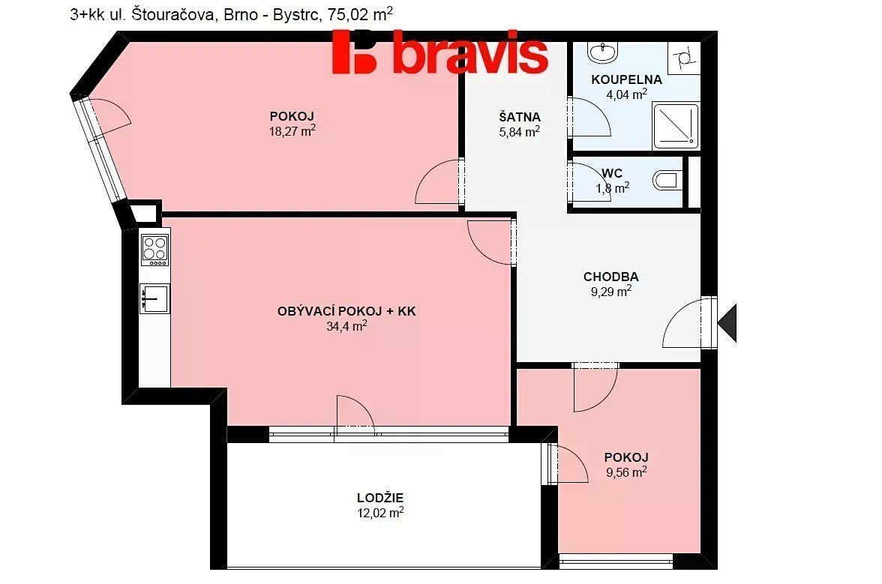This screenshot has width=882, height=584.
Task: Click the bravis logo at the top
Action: pyautogui.click(x=439, y=52)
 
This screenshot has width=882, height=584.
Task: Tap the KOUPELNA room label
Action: pyautogui.click(x=627, y=79)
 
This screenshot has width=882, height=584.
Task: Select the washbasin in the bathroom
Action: pyautogui.click(x=602, y=52)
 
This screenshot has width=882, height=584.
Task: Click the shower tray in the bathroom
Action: pyautogui.click(x=676, y=125)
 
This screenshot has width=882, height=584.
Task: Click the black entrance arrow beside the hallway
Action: pyautogui.click(x=727, y=322)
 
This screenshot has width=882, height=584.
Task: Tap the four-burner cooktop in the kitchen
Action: pyautogui.click(x=154, y=250)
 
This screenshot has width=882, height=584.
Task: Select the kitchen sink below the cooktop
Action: pyautogui.click(x=154, y=298)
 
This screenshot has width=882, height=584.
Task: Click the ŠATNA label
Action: pyautogui.click(x=520, y=117)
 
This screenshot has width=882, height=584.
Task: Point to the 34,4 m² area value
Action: pyautogui.click(x=346, y=326)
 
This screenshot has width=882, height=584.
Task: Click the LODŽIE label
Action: pyautogui.click(x=380, y=498)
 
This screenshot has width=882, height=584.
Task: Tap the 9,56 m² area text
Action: pyautogui.click(x=626, y=472)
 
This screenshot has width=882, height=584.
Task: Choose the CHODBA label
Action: pyautogui.click(x=610, y=277)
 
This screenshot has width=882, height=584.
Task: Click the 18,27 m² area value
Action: pyautogui.click(x=292, y=131)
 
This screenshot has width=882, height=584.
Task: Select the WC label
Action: pyautogui.click(x=612, y=173)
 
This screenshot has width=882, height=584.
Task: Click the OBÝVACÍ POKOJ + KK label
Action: pyautogui.click(x=346, y=311)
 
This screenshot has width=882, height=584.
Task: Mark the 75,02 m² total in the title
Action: pyautogui.click(x=360, y=13)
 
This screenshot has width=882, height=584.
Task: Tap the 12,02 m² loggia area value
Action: pyautogui.click(x=380, y=513)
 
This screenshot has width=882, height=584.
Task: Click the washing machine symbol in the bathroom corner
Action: pyautogui.click(x=684, y=58)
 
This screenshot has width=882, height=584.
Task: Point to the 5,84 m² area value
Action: pyautogui.click(x=520, y=132)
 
